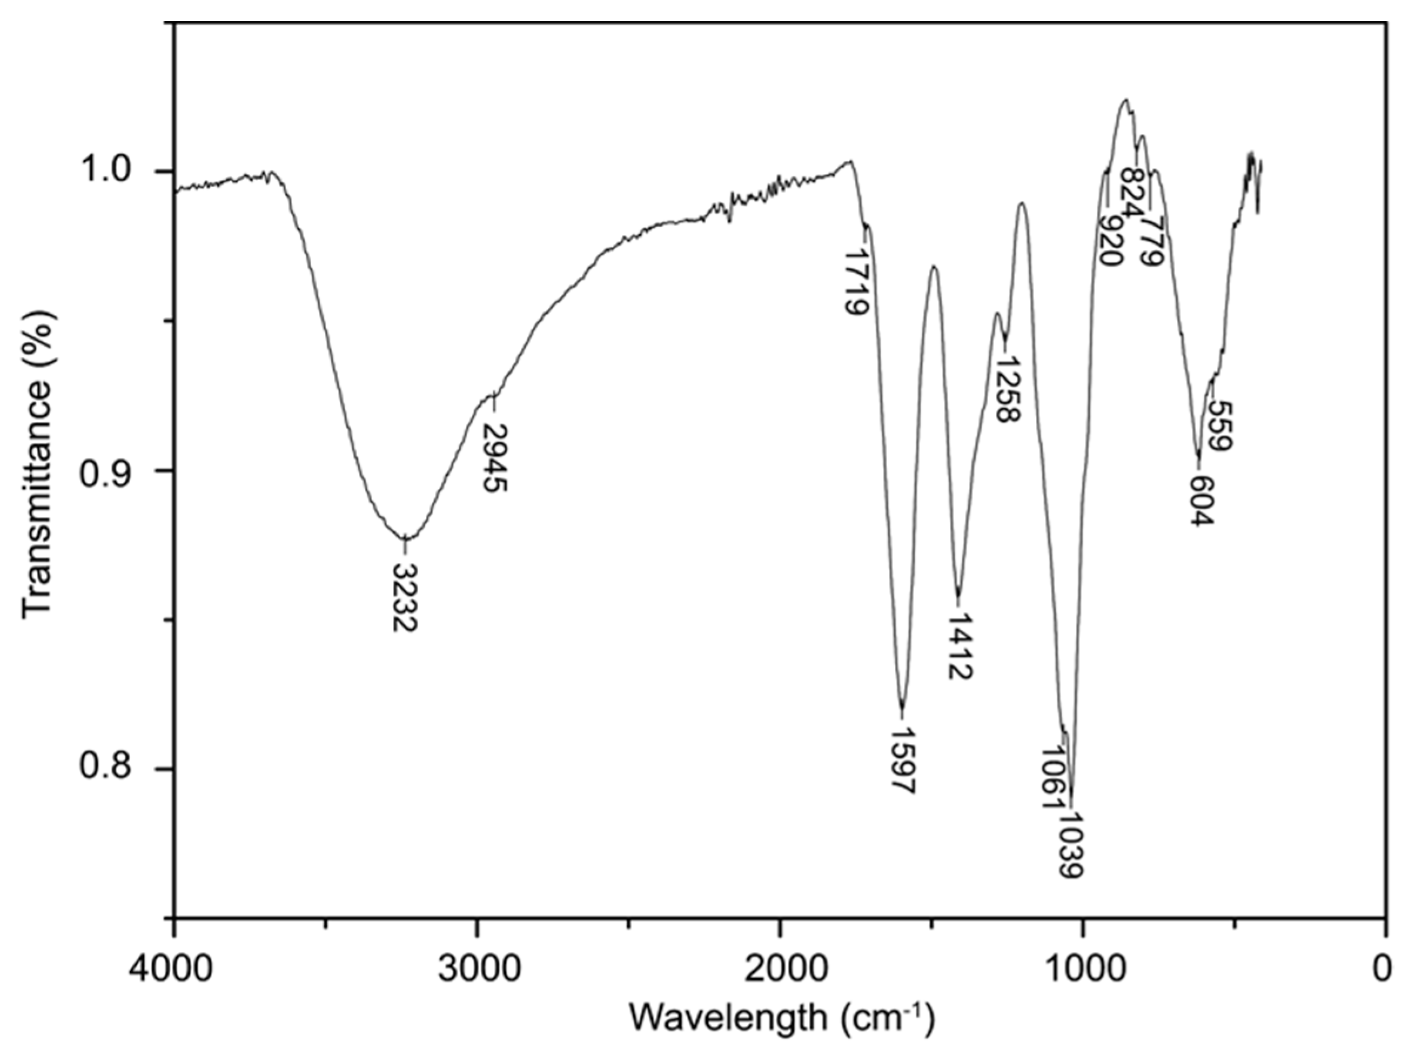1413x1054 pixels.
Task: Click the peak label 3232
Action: coord(404,597)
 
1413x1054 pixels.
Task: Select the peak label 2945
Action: coord(495,458)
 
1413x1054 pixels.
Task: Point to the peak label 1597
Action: coord(902,760)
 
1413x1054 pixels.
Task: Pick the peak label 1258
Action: coord(1007,390)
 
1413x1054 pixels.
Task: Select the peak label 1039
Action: coord(1072,846)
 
